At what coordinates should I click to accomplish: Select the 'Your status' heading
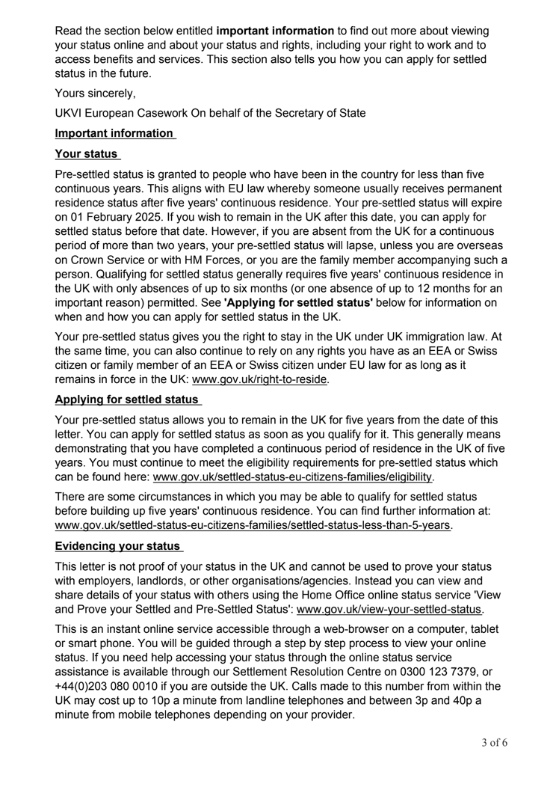coord(86,155)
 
